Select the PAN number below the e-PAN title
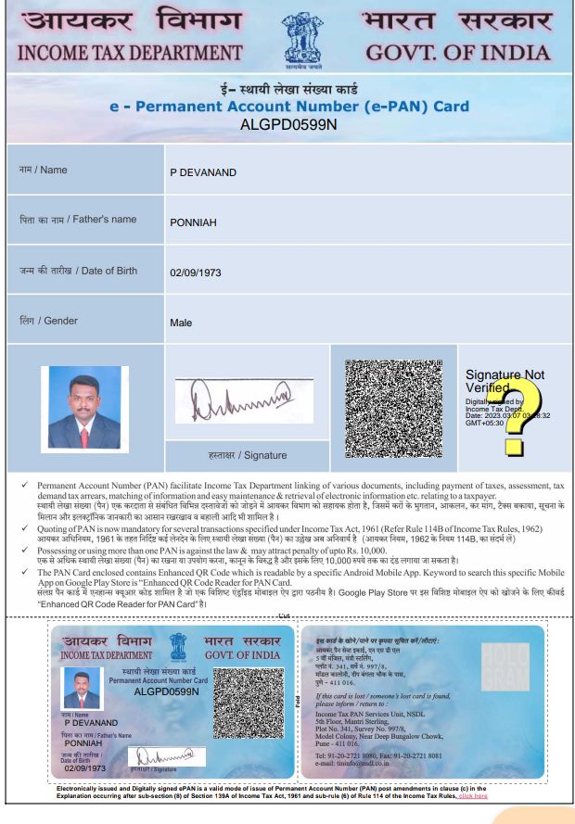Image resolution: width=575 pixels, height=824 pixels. (x=287, y=123)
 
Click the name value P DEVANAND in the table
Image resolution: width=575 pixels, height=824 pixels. (x=203, y=172)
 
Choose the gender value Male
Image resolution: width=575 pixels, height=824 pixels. (x=181, y=323)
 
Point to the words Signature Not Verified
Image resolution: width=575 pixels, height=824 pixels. (x=504, y=381)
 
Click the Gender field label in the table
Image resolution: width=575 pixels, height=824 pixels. (x=49, y=321)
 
